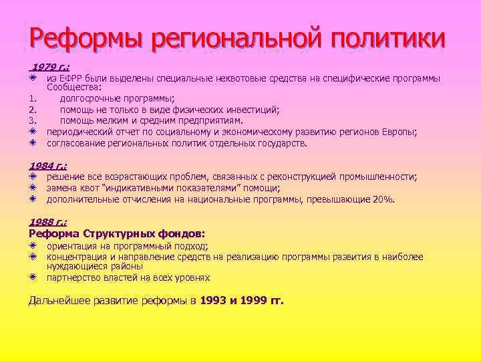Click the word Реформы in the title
(x=86, y=38)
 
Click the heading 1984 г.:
(x=48, y=165)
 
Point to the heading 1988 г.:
(x=48, y=221)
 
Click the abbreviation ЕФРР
(x=67, y=78)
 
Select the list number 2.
(x=32, y=110)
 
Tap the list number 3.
(x=32, y=121)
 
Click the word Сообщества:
(x=74, y=87)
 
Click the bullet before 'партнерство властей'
(x=33, y=277)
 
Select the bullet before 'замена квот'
(x=33, y=188)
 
